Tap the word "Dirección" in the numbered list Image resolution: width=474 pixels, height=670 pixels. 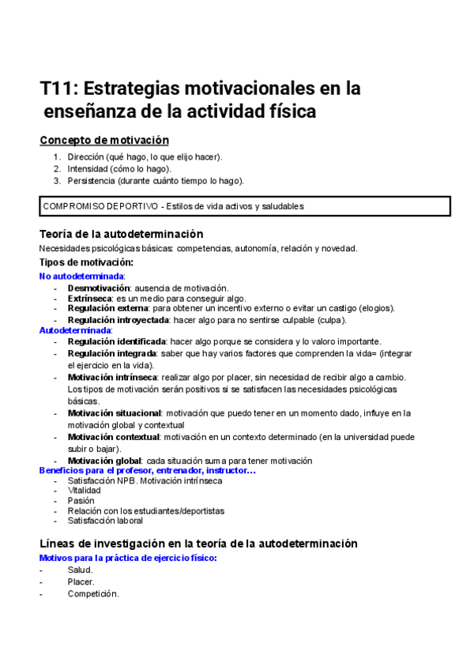(x=88, y=156)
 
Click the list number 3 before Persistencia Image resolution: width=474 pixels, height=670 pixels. (x=57, y=180)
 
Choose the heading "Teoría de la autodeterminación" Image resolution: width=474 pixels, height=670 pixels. (x=122, y=234)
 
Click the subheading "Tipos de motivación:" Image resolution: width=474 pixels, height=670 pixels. (x=86, y=262)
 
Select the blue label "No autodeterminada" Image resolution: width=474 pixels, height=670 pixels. (x=81, y=276)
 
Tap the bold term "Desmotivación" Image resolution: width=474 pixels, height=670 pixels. (x=98, y=288)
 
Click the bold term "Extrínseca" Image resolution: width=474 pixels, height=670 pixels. (x=90, y=298)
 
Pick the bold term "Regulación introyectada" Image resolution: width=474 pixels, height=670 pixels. (x=118, y=320)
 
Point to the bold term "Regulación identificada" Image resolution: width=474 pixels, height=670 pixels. (x=117, y=341)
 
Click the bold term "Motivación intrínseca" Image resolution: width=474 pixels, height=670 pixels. (x=113, y=378)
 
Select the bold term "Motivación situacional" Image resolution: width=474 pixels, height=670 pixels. (x=115, y=413)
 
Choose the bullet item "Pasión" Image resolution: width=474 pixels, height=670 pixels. (x=81, y=500)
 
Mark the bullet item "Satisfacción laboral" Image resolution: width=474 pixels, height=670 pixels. (x=105, y=521)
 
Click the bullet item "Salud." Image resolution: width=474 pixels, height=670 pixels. (x=80, y=570)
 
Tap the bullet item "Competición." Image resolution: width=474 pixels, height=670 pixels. (x=93, y=593)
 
